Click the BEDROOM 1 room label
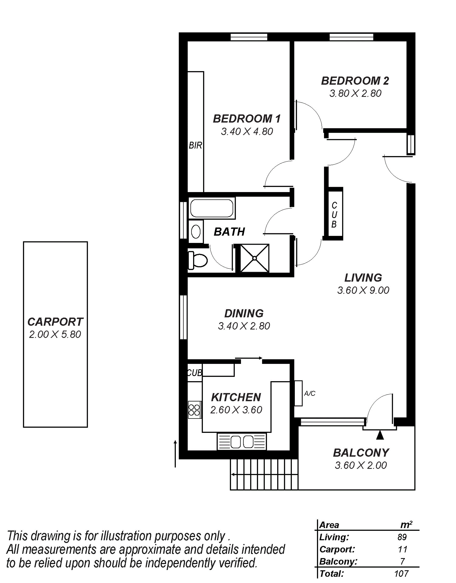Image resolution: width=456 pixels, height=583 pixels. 247,119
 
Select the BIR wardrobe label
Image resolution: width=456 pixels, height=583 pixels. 195,145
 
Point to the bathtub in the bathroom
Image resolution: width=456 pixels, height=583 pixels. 212,208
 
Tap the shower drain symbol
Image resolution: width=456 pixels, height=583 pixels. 254,258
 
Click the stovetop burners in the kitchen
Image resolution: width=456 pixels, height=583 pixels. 194,410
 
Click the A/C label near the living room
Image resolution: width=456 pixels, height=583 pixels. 310,393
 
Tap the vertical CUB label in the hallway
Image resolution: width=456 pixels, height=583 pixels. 334,215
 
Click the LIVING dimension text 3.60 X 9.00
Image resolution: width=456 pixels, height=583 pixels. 363,290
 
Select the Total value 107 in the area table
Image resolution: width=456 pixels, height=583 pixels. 401,574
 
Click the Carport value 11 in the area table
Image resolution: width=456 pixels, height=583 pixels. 402,549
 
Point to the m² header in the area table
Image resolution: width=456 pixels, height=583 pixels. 406,525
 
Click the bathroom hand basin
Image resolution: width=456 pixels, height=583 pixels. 196,232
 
